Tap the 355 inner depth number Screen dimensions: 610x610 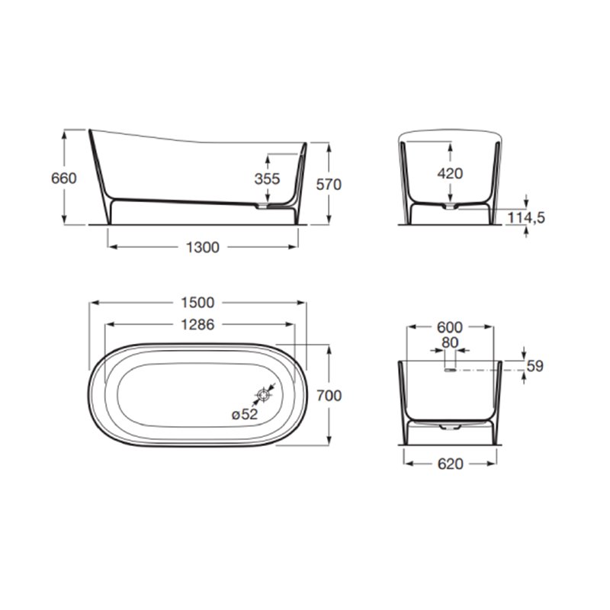coord(268,179)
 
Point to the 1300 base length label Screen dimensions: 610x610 coord(203,246)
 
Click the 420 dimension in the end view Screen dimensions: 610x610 coord(450,173)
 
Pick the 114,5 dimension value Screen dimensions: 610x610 coord(526,218)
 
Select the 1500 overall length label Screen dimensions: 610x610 coord(198,303)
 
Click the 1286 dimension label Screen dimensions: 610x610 coord(198,324)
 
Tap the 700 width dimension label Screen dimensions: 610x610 coord(329,395)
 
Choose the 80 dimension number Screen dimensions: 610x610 coord(450,342)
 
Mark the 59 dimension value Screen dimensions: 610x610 coord(535,367)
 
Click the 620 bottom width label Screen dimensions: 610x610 coord(450,463)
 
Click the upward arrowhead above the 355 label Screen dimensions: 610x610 coord(268,156)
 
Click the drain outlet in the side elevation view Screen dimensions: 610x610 coord(264,205)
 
